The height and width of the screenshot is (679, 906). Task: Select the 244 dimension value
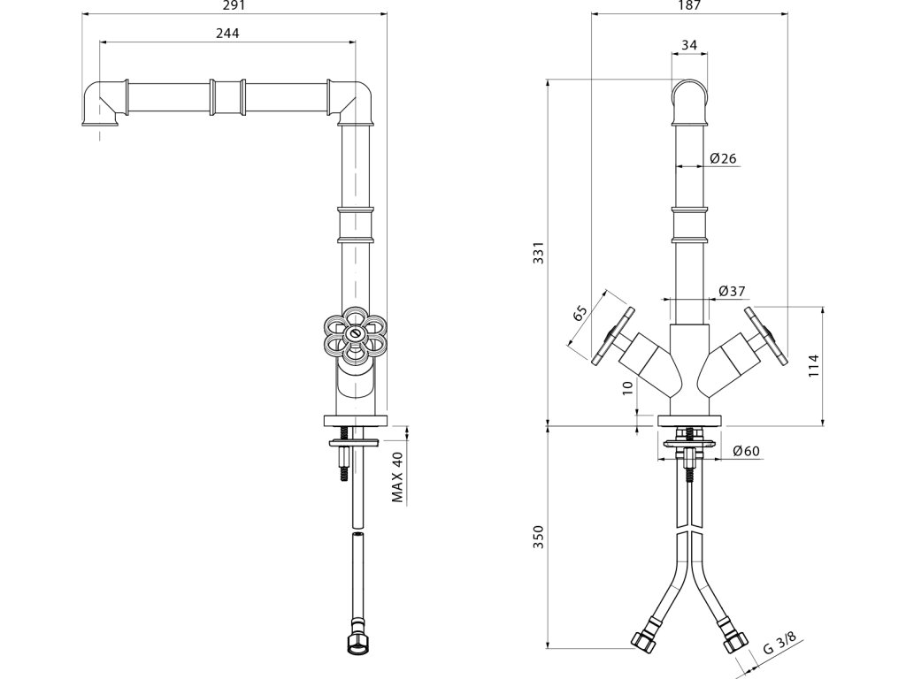pos(227,33)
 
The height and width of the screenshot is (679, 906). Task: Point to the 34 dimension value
pos(690,44)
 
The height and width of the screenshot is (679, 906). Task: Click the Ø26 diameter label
pos(724,158)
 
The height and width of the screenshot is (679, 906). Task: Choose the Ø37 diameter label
pos(731,291)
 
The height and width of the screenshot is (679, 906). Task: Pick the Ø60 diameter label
pos(747,452)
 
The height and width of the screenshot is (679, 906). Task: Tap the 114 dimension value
pos(815,366)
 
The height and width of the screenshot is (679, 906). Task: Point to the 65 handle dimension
pos(580,314)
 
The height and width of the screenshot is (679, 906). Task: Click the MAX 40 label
pos(397,477)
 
